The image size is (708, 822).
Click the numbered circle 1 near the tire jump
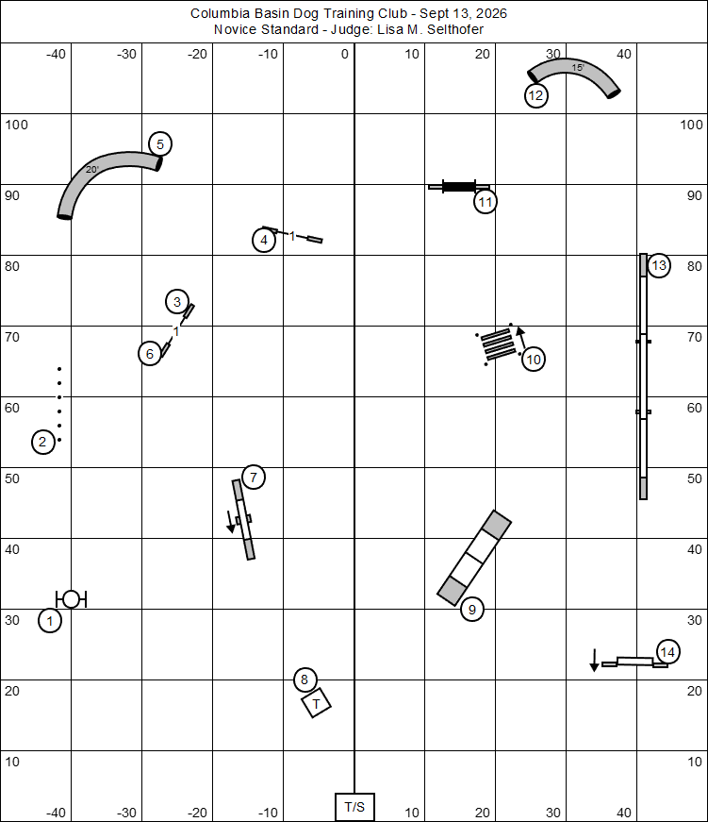(x=50, y=621)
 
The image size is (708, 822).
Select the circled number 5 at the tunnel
(x=160, y=144)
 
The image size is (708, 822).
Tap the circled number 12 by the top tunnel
(x=535, y=95)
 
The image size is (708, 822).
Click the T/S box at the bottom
(x=354, y=807)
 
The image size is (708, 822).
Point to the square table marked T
(x=317, y=703)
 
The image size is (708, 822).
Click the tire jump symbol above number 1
(x=72, y=598)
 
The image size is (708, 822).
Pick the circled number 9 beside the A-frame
(x=471, y=610)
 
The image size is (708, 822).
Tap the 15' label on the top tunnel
(x=578, y=68)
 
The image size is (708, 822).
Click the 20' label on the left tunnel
(x=92, y=169)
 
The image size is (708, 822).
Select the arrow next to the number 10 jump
(x=521, y=338)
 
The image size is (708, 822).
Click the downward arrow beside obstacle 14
(x=594, y=660)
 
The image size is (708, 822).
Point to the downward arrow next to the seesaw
(x=230, y=522)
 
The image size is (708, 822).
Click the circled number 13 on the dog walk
(x=659, y=266)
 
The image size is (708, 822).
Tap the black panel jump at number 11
(x=459, y=187)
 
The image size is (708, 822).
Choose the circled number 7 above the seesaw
(x=254, y=478)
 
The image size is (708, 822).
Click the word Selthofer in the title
(x=455, y=29)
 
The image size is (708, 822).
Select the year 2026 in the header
(x=491, y=13)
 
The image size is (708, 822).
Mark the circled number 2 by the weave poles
(x=43, y=442)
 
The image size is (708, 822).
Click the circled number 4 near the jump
(x=264, y=240)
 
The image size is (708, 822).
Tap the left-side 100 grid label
(x=16, y=125)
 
